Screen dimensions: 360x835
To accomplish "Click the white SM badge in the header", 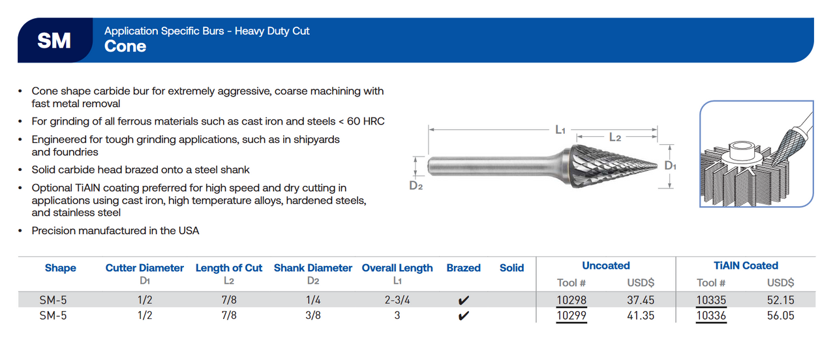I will [54, 40].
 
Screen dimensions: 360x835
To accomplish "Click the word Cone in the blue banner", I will [125, 47].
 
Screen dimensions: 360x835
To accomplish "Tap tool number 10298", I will [571, 301].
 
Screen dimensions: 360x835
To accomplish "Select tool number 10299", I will [571, 316].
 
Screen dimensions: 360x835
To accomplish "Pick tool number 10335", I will [711, 301].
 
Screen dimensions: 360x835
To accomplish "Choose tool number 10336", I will [711, 316].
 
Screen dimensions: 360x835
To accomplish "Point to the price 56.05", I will [780, 316].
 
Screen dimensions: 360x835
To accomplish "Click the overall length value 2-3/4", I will [397, 301].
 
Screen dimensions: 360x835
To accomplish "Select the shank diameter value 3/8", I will [313, 316].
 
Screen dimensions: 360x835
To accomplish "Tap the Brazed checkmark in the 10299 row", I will [463, 316].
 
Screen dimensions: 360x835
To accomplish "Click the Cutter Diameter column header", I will [145, 268].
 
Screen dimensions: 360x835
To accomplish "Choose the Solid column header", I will [511, 268].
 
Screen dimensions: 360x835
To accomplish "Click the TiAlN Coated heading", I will [746, 265].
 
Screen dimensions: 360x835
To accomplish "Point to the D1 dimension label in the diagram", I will [671, 166].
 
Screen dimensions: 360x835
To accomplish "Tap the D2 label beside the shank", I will [416, 185].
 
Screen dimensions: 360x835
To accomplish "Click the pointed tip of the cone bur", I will [656, 165].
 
